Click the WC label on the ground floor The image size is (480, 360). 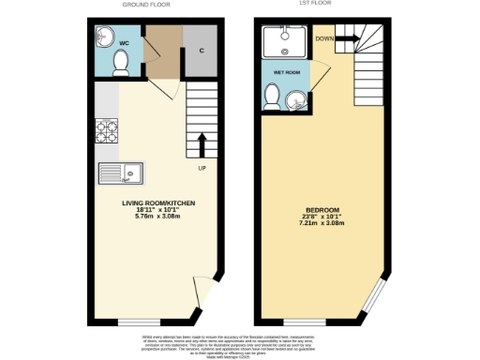pos(124,42)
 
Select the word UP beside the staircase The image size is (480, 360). pos(201,169)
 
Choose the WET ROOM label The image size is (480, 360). pos(286,71)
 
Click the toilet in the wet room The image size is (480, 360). pos(273,95)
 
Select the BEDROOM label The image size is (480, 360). pos(322,209)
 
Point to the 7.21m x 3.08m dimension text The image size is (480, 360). pos(322,224)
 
